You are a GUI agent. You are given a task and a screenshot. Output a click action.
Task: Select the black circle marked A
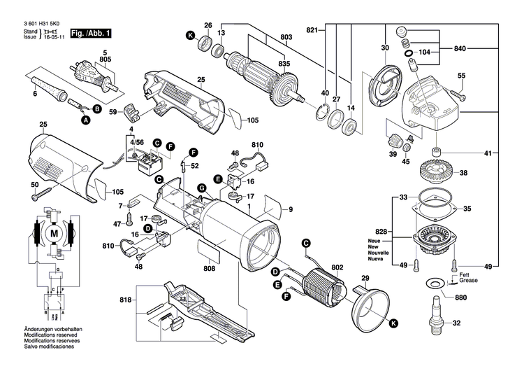click(87, 120)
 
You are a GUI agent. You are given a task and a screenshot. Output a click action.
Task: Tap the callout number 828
click(381, 230)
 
